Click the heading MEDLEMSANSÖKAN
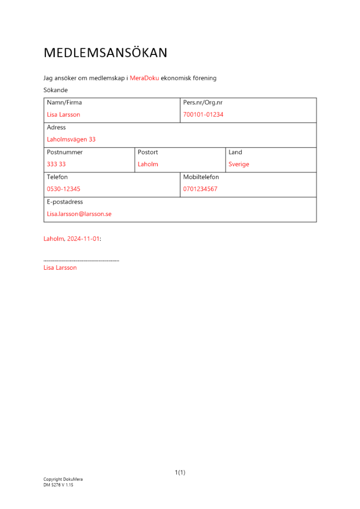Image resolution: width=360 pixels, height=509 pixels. [x=105, y=53]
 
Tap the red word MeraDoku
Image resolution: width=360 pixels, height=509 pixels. [x=144, y=78]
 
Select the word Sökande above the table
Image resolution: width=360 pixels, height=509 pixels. [x=56, y=90]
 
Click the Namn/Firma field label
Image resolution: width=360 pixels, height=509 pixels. [x=64, y=102]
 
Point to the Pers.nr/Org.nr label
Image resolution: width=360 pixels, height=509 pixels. [x=203, y=102]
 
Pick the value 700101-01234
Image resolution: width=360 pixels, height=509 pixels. [x=203, y=115]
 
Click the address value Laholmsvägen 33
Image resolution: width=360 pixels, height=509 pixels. [x=71, y=139]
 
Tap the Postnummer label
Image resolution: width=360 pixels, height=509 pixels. [x=65, y=152]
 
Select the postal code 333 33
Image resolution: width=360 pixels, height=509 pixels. [x=56, y=164]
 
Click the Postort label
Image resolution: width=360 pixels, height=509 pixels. [x=148, y=152]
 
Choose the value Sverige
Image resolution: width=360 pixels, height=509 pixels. [x=239, y=164]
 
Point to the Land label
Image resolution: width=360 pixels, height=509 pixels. [x=235, y=152]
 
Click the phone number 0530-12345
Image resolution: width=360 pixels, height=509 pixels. [x=64, y=189]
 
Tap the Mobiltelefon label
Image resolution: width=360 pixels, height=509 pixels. [x=201, y=177]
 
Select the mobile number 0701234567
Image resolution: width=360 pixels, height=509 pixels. [x=200, y=189]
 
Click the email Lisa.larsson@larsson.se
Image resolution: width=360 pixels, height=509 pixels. [x=79, y=214]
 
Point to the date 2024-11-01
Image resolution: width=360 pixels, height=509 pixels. [x=83, y=238]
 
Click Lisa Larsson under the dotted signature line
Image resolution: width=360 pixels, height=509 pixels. [x=60, y=268]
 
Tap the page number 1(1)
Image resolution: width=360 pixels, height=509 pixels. [x=180, y=472]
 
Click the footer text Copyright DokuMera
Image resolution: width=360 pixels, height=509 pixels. [x=63, y=479]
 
